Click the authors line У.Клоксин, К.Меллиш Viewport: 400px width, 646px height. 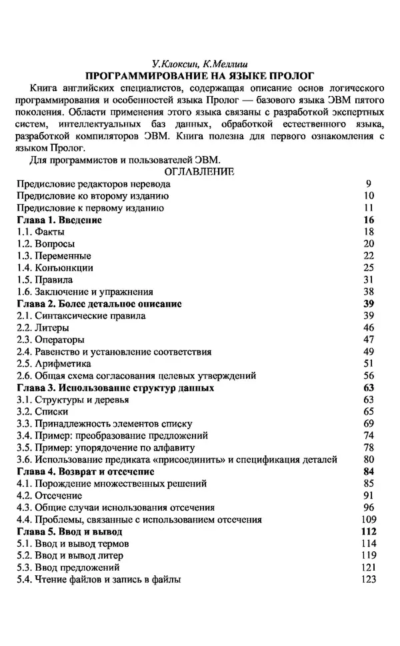click(x=200, y=65)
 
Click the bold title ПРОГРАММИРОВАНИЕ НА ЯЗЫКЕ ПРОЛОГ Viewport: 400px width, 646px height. click(x=200, y=76)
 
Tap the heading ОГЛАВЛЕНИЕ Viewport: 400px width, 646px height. click(x=200, y=172)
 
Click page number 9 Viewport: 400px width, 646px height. click(x=368, y=184)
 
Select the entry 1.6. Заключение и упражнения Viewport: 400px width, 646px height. click(x=85, y=292)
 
